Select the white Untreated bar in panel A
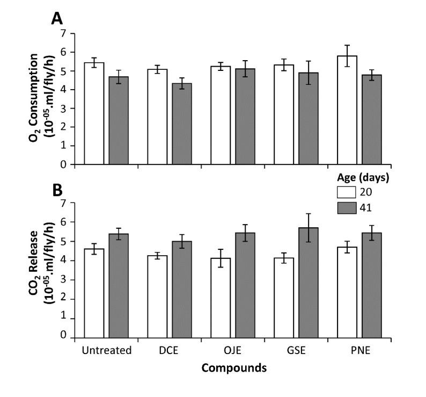(94, 113)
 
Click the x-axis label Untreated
(107, 351)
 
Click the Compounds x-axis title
(233, 369)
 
